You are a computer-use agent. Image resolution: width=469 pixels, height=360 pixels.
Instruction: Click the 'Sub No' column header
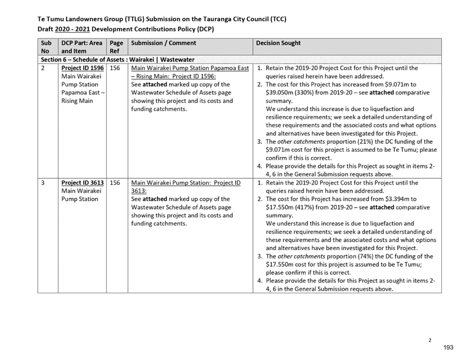click(x=46, y=47)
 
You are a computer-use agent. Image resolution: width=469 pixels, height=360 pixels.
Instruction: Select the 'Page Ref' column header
click(x=116, y=47)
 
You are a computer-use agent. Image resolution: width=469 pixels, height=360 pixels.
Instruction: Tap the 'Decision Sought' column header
click(x=278, y=43)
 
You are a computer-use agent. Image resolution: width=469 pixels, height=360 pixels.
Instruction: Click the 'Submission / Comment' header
click(x=163, y=43)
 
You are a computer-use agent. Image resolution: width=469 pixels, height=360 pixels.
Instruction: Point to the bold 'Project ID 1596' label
click(x=83, y=68)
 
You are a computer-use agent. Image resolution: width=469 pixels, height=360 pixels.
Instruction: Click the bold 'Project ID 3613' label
click(x=83, y=182)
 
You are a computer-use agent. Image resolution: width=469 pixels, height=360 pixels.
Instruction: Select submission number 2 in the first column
click(x=43, y=68)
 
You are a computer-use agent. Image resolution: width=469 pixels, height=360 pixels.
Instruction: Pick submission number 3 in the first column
click(x=43, y=182)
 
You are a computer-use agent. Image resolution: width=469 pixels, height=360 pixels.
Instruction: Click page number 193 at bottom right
click(x=448, y=347)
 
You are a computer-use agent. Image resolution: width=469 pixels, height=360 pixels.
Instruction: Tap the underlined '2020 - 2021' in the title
click(x=72, y=29)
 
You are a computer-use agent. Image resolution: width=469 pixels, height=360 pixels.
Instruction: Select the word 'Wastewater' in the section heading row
click(x=178, y=60)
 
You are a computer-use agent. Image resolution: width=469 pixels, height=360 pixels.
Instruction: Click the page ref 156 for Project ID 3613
click(x=115, y=182)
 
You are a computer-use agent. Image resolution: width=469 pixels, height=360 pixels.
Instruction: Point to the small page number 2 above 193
click(x=430, y=340)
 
